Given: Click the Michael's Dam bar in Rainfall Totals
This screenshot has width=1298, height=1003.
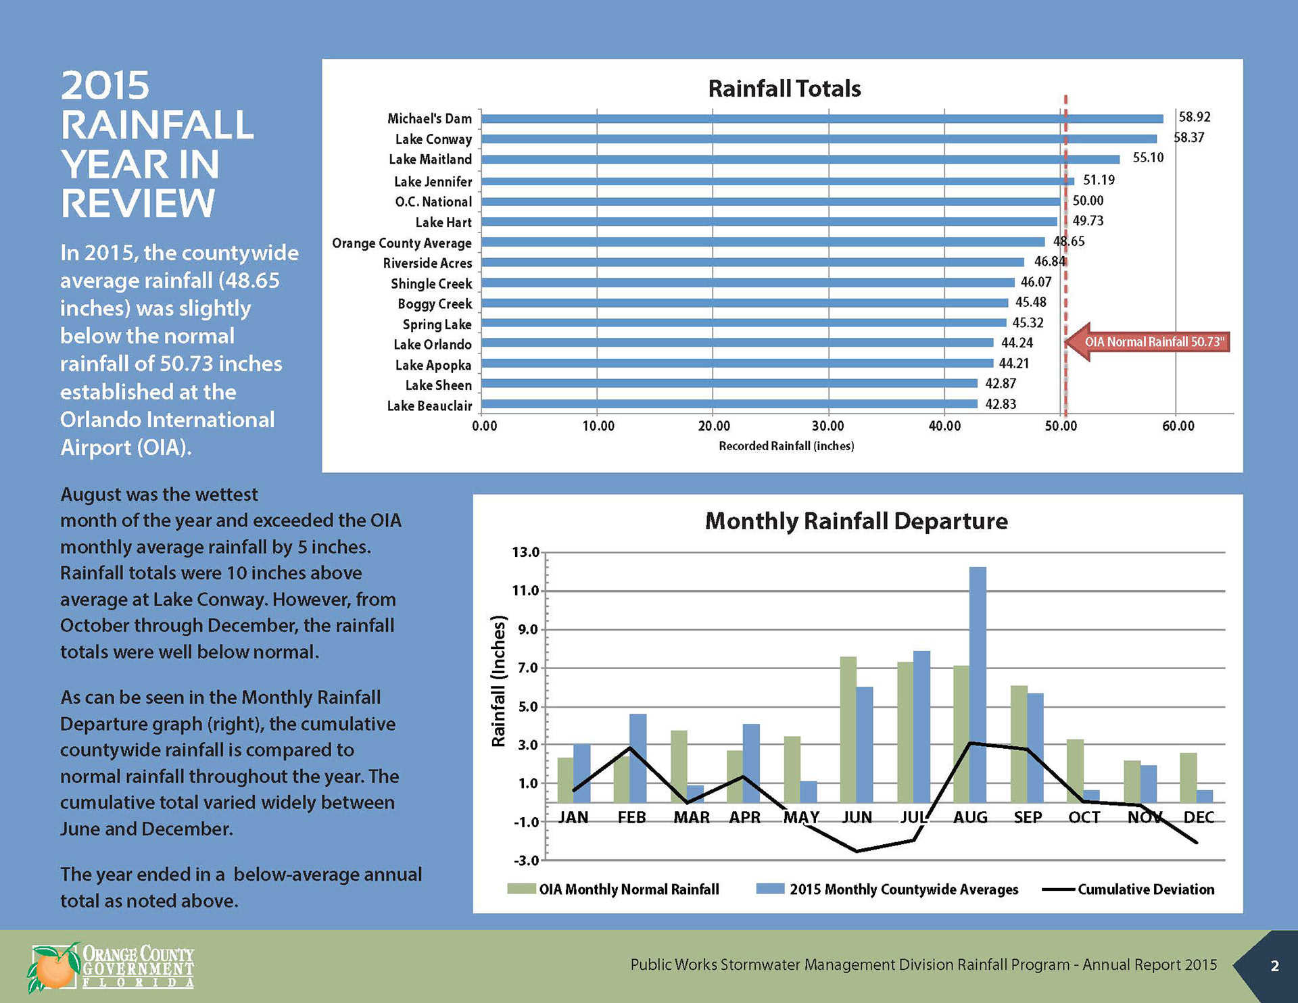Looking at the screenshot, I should tap(821, 119).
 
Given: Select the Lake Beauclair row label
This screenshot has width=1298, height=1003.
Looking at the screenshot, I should tap(429, 406).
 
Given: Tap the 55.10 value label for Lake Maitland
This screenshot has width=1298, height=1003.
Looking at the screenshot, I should tap(1148, 158).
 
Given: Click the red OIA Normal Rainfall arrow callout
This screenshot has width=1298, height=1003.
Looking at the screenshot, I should tap(1149, 342).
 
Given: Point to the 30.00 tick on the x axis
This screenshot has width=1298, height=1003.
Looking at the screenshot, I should tap(828, 426).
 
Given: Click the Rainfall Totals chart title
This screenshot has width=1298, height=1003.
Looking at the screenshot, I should tap(784, 89).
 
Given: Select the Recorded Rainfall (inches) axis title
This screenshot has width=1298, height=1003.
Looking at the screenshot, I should tap(786, 446).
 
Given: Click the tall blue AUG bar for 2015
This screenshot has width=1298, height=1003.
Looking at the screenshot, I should tap(978, 683).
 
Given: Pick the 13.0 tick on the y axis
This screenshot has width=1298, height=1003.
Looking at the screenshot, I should tap(525, 552).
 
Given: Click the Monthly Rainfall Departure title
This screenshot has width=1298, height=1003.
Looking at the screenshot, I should tap(856, 521).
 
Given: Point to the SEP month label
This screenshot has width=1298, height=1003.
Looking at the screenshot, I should tap(1028, 818).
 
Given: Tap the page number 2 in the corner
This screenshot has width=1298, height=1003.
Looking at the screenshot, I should tap(1275, 966).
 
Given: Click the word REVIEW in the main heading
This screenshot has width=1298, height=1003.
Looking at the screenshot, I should tap(138, 203).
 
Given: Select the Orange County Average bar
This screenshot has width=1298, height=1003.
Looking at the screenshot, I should tap(763, 242).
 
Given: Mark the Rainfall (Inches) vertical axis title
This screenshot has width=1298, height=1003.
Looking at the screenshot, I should tap(498, 681).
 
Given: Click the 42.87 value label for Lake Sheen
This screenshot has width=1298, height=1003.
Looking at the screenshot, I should tap(1001, 384).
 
